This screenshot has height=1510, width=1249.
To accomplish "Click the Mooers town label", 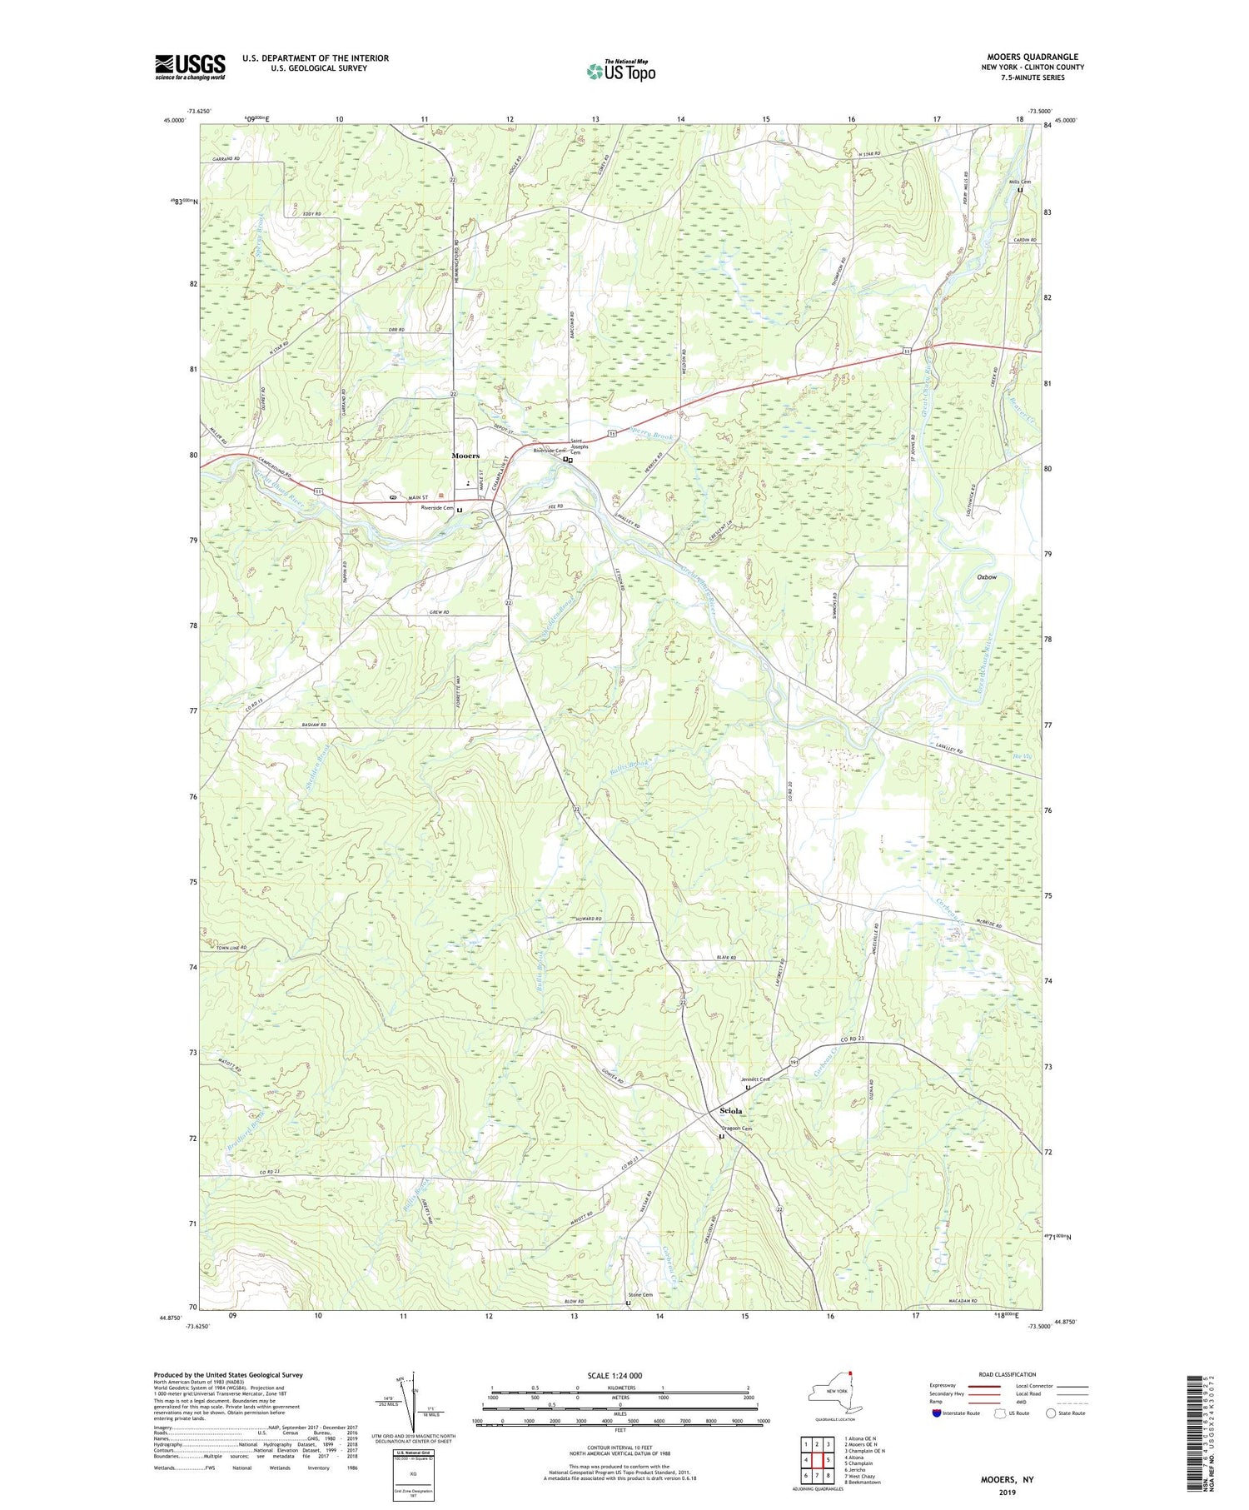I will pos(465,456).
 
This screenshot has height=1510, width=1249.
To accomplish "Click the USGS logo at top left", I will pos(190,67).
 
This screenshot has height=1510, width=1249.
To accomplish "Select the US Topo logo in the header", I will pos(620,71).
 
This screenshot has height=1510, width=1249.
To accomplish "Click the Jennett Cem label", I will pos(755,1079).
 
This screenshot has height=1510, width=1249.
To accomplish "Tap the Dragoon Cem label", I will pos(736,1129).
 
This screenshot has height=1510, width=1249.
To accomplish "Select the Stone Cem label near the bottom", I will pos(641,1294).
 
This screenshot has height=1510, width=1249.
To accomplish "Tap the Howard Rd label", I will pos(587,919).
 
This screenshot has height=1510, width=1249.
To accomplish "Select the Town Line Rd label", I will pos(231,948).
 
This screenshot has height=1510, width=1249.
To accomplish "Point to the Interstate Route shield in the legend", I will pos(938,1413).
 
